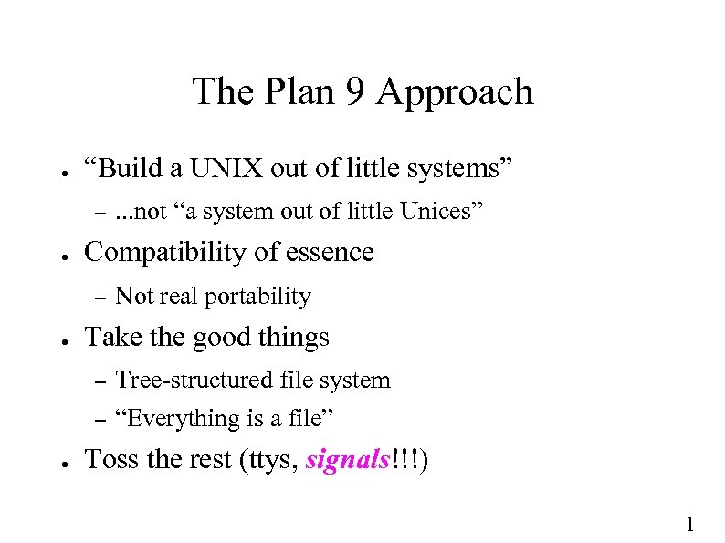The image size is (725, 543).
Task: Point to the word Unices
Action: coord(435,212)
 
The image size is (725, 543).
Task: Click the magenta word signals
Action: coord(347,461)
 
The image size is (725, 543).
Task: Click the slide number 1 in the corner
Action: coord(690,524)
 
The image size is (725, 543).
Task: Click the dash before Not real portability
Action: coord(101,297)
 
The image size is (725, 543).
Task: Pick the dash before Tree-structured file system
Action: coord(101,381)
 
